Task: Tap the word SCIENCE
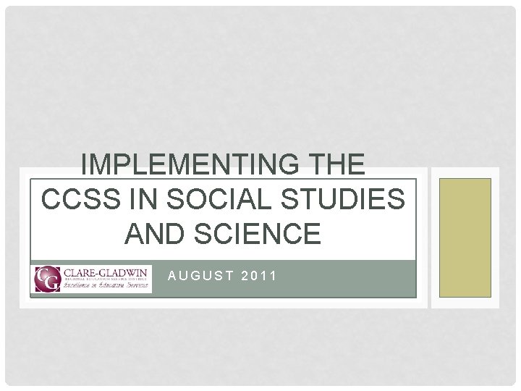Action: [x=255, y=234]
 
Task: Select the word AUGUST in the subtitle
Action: [x=200, y=275]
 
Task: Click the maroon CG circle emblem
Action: [x=46, y=279]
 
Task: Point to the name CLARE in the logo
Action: [x=80, y=273]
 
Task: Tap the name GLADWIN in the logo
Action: [x=123, y=273]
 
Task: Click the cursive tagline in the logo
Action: [x=106, y=287]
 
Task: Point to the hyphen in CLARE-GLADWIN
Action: [x=98, y=273]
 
